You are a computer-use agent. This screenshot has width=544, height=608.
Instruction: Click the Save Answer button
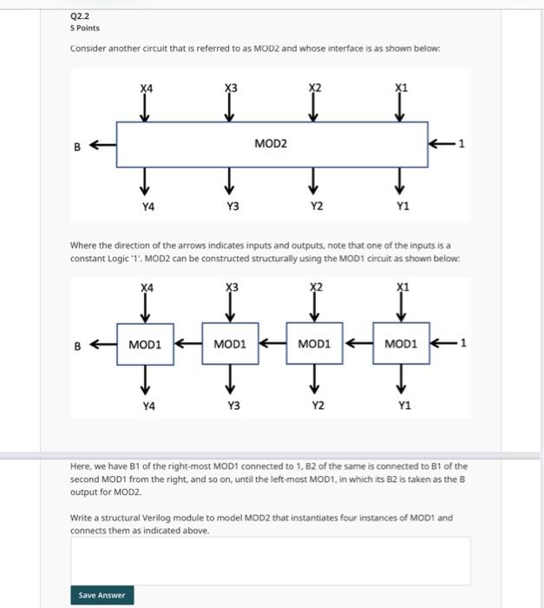[102, 595]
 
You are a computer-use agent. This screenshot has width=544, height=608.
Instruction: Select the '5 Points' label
[86, 28]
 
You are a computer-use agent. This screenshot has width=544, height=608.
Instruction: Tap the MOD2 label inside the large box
[271, 144]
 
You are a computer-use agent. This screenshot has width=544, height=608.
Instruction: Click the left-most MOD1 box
[145, 344]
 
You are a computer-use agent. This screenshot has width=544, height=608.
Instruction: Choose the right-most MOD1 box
[400, 344]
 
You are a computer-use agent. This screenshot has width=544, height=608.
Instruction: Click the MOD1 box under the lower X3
[230, 344]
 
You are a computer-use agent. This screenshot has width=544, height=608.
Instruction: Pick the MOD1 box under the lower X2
[315, 344]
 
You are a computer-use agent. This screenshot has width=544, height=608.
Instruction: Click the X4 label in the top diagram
[147, 88]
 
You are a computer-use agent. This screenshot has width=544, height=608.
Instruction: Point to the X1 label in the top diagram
[400, 88]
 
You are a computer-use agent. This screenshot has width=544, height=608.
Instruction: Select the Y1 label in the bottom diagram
[404, 405]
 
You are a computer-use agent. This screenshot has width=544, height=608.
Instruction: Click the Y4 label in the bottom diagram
[148, 405]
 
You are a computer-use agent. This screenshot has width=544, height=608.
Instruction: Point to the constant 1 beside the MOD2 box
[462, 144]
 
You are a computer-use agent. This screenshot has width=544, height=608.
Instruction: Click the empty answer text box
[271, 560]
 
